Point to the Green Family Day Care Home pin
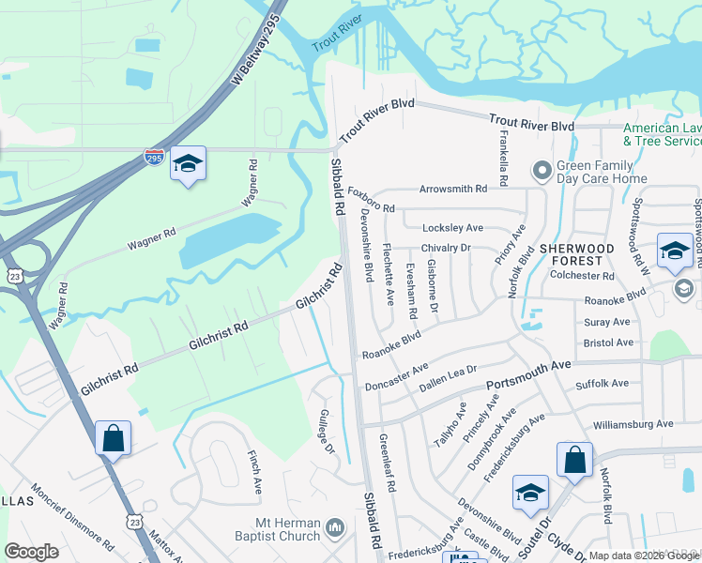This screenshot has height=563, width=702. (542, 171)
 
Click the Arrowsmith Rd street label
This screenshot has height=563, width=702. (453, 189)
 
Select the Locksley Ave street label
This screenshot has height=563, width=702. (452, 228)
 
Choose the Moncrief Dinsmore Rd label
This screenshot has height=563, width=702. (71, 516)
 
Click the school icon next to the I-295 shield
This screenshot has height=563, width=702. (188, 163)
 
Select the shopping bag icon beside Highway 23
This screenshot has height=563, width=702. (113, 437)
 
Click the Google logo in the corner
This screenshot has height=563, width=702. (31, 552)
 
